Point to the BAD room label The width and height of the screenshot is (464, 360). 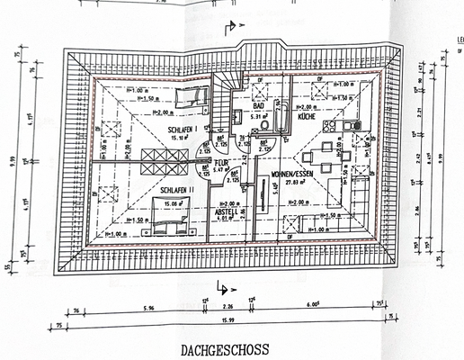(257, 105)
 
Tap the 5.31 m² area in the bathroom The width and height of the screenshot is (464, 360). (258, 115)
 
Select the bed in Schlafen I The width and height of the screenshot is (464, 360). (191, 98)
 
